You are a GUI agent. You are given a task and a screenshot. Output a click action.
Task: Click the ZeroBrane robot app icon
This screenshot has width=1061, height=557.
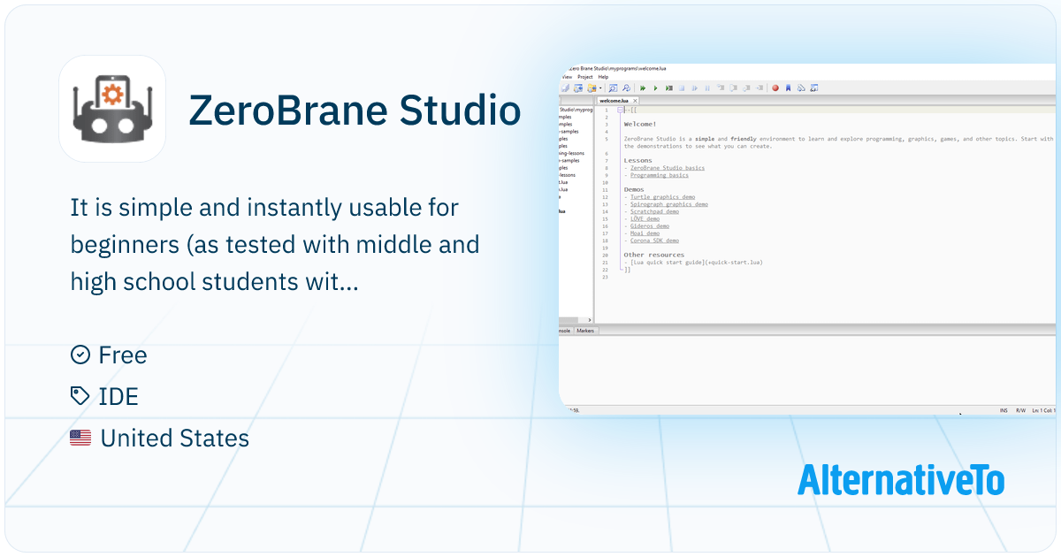[x=112, y=109]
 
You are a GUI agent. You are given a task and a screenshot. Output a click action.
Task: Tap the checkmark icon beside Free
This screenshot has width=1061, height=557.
[x=80, y=355]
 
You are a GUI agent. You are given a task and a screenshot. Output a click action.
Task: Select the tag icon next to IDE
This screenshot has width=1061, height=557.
[x=80, y=397]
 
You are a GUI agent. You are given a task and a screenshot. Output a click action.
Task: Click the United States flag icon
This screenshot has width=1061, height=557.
[x=80, y=438]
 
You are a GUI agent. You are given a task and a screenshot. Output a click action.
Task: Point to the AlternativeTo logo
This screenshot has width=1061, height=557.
[x=900, y=480]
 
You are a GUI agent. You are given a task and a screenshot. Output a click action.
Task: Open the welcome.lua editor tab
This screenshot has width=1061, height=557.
[x=614, y=101]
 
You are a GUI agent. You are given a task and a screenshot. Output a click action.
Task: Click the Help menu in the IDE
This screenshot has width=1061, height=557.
[x=603, y=77]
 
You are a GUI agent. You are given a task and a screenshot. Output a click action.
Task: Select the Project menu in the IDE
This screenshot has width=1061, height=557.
[x=584, y=77]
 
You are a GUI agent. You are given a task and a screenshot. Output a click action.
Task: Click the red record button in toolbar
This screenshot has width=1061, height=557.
[x=775, y=88]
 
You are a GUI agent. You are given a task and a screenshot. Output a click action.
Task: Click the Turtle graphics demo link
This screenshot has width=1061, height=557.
[x=662, y=197]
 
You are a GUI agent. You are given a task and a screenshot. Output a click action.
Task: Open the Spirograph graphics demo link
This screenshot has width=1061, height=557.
[x=668, y=204]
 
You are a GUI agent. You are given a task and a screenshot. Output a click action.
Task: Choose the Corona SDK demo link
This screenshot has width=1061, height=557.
[x=654, y=240]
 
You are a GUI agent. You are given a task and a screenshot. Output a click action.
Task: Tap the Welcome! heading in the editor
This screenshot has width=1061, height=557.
[x=640, y=125]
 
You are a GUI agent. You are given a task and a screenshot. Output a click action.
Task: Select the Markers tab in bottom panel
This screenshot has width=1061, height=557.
[x=585, y=330]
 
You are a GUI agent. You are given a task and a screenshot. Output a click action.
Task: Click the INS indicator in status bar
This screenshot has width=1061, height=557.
[x=1004, y=410]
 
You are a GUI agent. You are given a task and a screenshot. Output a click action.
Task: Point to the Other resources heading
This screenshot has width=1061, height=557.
[x=653, y=255]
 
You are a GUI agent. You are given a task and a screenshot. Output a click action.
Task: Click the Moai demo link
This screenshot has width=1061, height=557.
[x=645, y=233]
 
